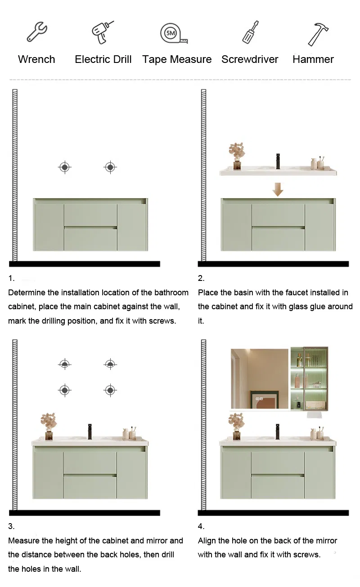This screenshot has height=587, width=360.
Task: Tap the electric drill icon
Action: click(103, 33)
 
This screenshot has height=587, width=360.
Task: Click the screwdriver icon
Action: click(250, 33)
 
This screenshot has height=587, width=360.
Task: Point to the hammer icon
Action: click(318, 34)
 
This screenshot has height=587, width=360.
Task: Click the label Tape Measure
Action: click(177, 59)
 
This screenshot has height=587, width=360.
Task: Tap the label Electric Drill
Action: click(103, 59)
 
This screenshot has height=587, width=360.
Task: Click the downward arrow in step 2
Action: click(278, 189)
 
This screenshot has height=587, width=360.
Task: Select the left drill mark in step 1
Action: click(65, 168)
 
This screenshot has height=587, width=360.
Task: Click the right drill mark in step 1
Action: click(110, 168)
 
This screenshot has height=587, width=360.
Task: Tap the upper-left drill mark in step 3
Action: click(65, 364)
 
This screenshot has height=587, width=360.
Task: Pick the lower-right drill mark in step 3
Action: click(110, 390)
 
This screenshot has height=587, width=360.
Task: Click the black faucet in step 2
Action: click(278, 161)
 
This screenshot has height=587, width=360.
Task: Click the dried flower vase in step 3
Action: click(49, 425)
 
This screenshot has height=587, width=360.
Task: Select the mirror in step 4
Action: click(259, 379)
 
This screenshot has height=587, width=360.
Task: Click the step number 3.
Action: click(11, 526)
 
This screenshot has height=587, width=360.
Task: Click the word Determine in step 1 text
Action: click(27, 293)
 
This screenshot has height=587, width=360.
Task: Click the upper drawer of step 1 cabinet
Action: click(90, 215)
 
